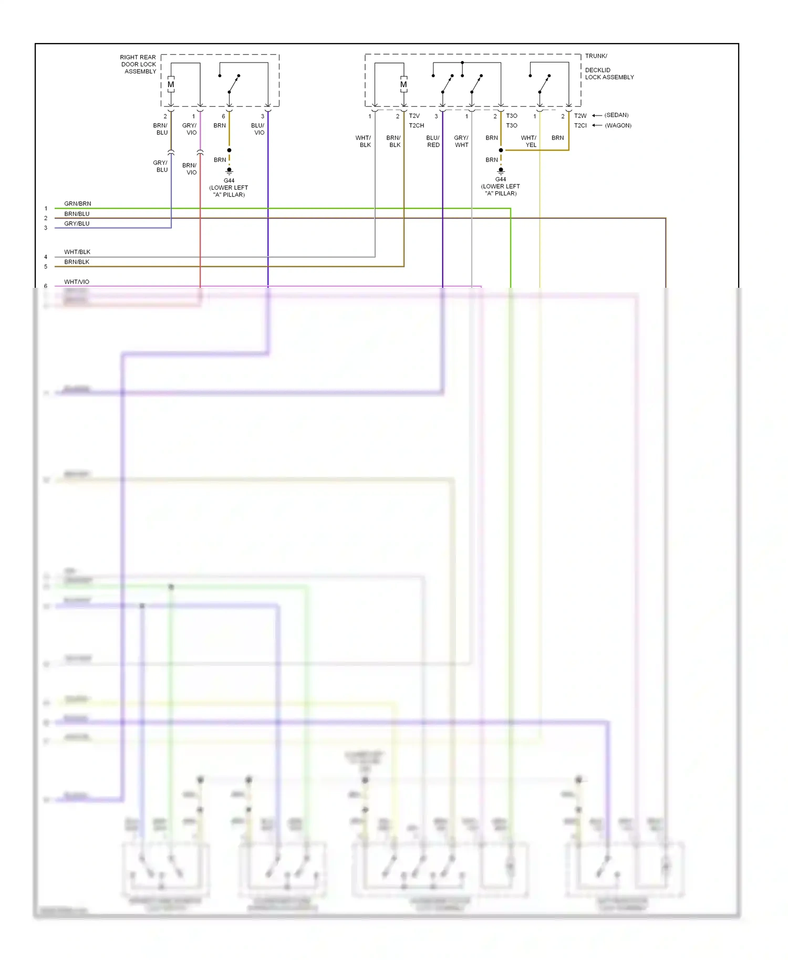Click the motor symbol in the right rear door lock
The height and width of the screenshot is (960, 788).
pyautogui.click(x=171, y=85)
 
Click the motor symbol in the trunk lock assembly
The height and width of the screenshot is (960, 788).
pyautogui.click(x=403, y=85)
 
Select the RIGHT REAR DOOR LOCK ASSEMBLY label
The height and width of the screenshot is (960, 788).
pyautogui.click(x=138, y=64)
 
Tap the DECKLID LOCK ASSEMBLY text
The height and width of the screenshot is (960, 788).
pyautogui.click(x=609, y=74)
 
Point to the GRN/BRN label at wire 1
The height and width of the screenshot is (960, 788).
pyautogui.click(x=77, y=203)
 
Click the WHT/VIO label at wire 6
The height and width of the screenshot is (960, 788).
pyautogui.click(x=77, y=281)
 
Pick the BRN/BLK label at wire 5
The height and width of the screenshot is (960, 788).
pyautogui.click(x=77, y=262)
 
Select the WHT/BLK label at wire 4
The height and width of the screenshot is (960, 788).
pyautogui.click(x=77, y=252)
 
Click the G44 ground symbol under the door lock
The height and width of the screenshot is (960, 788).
pyautogui.click(x=229, y=171)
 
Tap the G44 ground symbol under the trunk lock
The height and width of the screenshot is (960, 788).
pyautogui.click(x=501, y=170)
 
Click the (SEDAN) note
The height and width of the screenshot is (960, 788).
pyautogui.click(x=616, y=115)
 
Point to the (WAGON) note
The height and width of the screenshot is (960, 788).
pyautogui.click(x=618, y=126)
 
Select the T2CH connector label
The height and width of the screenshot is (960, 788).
pyautogui.click(x=416, y=126)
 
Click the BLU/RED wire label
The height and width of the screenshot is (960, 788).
pyautogui.click(x=433, y=141)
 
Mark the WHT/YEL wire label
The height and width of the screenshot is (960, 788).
pyautogui.click(x=529, y=141)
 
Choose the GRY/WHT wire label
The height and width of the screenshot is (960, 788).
pyautogui.click(x=461, y=141)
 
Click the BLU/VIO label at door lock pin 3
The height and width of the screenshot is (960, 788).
pyautogui.click(x=258, y=129)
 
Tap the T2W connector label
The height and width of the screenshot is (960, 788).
pyautogui.click(x=580, y=116)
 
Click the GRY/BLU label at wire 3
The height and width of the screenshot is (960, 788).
pyautogui.click(x=77, y=223)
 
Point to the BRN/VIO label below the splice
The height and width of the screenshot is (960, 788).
pyautogui.click(x=190, y=169)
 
